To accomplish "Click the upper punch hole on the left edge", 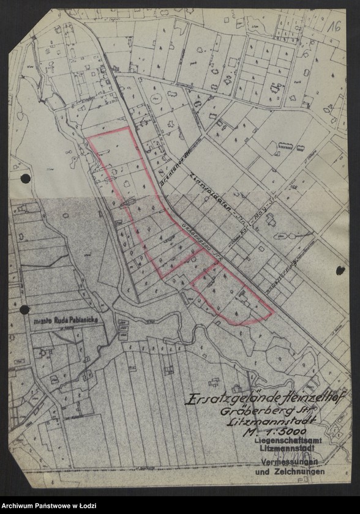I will [25, 179].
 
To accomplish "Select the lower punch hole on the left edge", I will [24, 310].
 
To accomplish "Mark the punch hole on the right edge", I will [340, 270].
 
